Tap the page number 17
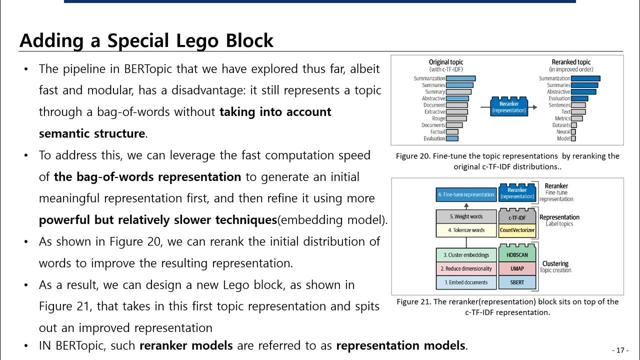pyautogui.click(x=620, y=350)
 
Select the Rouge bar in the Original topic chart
pyautogui.click(x=456, y=118)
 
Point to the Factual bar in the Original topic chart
pyautogui.click(x=451, y=131)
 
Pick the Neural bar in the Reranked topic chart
pyautogui.click(x=573, y=131)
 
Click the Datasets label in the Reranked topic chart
pyautogui.click(x=561, y=125)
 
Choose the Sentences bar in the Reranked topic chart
pyautogui.click(x=578, y=105)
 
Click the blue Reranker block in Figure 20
pyautogui.click(x=509, y=107)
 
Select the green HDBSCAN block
pyautogui.click(x=517, y=255)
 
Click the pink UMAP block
pyautogui.click(x=517, y=268)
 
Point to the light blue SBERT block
pyautogui.click(x=517, y=282)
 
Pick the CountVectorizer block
pyautogui.click(x=517, y=230)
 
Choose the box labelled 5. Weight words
pyautogui.click(x=465, y=216)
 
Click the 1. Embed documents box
pyautogui.click(x=465, y=282)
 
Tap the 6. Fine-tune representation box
pyautogui.click(x=466, y=194)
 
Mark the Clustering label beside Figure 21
pyautogui.click(x=555, y=263)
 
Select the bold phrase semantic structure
pyautogui.click(x=92, y=133)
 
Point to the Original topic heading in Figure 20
pyautogui.click(x=446, y=62)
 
